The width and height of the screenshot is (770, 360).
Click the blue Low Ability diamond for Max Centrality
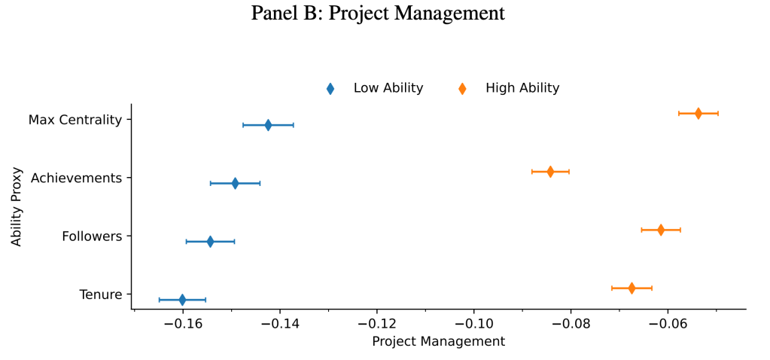[268, 125]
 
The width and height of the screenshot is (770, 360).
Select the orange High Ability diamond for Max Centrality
[698, 114]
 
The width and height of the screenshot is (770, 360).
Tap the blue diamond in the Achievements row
[235, 183]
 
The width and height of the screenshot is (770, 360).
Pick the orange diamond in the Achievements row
[550, 172]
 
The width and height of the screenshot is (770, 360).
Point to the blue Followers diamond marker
[210, 242]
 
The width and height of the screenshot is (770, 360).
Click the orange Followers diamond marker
[661, 230]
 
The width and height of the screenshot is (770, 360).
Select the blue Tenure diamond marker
[182, 300]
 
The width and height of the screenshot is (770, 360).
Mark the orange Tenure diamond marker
[632, 288]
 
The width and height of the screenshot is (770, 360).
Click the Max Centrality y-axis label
[75, 120]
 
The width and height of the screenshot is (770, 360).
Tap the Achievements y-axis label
[76, 178]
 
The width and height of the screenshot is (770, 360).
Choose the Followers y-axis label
[91, 236]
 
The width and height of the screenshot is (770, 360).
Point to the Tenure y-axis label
[100, 294]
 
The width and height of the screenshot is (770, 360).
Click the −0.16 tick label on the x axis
[183, 324]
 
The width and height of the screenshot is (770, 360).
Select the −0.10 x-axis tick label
[473, 324]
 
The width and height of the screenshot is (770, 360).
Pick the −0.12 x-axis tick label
[376, 324]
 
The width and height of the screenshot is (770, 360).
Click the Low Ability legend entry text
[388, 88]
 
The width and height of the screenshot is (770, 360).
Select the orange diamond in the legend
[462, 89]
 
